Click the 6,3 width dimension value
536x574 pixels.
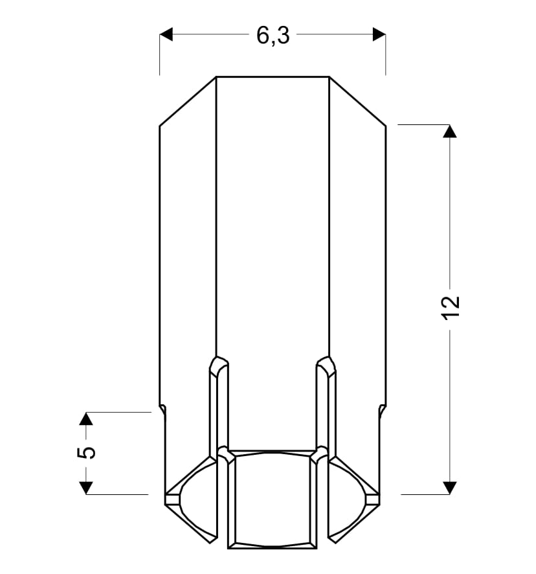point(273,36)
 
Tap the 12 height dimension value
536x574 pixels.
point(451,307)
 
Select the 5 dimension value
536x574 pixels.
point(86,452)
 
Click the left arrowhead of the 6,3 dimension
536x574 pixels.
point(166,34)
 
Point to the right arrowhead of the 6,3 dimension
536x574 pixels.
point(379,34)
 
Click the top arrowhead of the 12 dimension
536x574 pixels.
point(450,131)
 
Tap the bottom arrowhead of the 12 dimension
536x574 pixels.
point(450,488)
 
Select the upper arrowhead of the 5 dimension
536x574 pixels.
point(86,419)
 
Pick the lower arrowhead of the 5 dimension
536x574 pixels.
point(86,488)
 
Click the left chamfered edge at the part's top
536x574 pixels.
point(188,102)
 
